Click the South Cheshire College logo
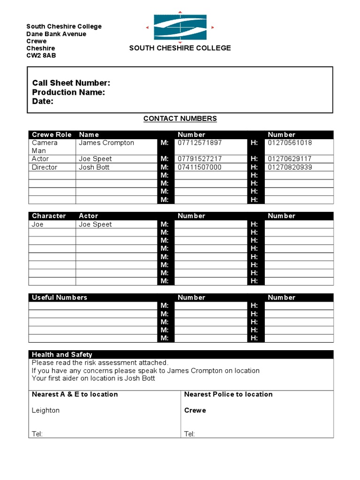click(180, 27)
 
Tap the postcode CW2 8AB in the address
click(41, 56)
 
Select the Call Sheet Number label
click(71, 83)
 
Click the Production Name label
click(68, 92)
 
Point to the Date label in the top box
click(43, 101)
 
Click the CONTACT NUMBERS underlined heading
click(180, 119)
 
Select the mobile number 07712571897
click(200, 143)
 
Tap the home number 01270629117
click(290, 159)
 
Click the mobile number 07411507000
click(200, 167)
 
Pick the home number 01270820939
click(290, 167)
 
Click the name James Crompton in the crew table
click(106, 143)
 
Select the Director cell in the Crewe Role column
click(45, 167)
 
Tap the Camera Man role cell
click(45, 147)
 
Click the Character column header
click(49, 216)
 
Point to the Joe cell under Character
click(37, 225)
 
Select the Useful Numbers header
click(60, 298)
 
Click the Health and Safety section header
click(62, 355)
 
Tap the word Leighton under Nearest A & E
click(45, 411)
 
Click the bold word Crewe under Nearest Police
click(195, 411)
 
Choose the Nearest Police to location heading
click(228, 395)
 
